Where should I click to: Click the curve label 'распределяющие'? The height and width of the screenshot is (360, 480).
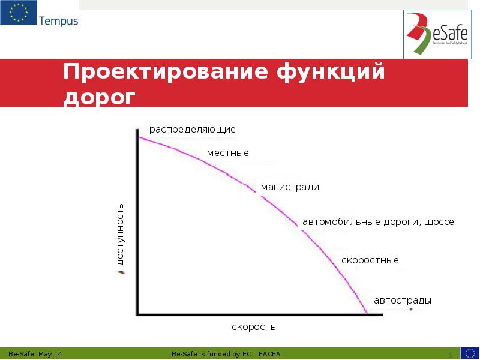click(x=192, y=130)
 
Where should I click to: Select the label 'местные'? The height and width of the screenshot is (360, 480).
click(x=227, y=154)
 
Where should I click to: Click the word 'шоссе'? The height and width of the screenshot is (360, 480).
click(x=439, y=222)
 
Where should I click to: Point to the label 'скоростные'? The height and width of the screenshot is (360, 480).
click(x=370, y=260)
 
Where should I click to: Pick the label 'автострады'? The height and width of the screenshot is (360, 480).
click(x=402, y=300)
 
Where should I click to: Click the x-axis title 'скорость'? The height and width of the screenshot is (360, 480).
click(x=253, y=327)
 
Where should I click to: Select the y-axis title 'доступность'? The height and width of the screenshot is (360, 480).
click(x=120, y=234)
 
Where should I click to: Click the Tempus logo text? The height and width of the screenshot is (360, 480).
click(x=58, y=21)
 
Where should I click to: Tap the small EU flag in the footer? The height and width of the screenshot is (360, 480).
click(x=469, y=353)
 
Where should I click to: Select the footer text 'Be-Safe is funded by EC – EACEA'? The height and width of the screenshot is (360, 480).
click(x=229, y=353)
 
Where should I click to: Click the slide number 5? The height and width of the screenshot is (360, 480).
click(x=451, y=354)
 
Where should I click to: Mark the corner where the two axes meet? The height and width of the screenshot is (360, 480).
click(x=138, y=313)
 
